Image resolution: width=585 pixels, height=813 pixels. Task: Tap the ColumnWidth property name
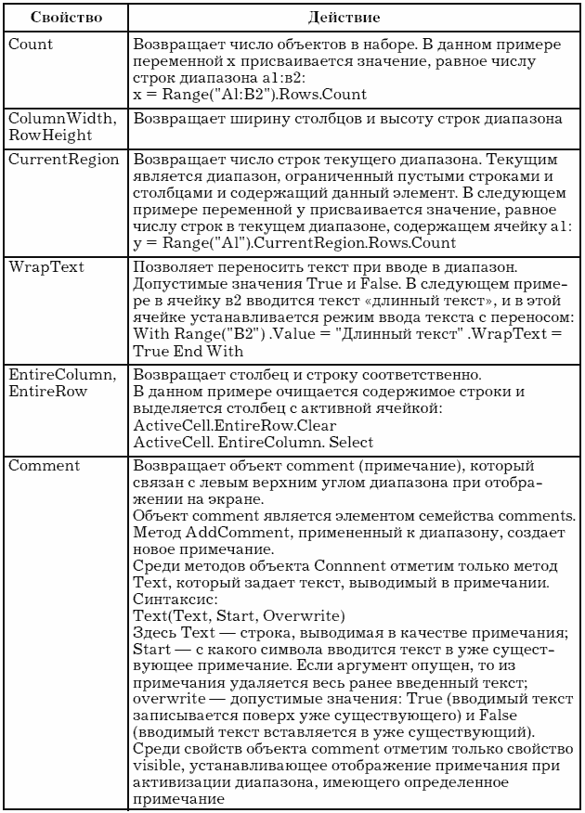tap(56, 118)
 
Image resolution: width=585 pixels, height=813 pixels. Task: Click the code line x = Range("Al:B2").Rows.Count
tap(249, 95)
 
